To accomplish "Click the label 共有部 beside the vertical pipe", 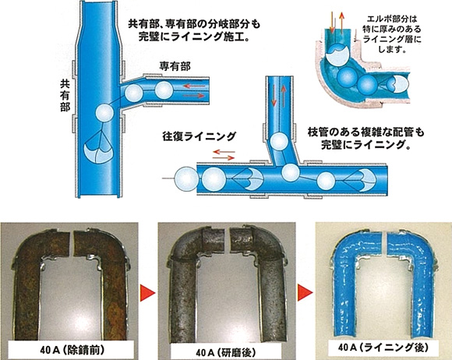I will (65, 96).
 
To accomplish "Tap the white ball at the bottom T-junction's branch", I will (291, 171).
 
